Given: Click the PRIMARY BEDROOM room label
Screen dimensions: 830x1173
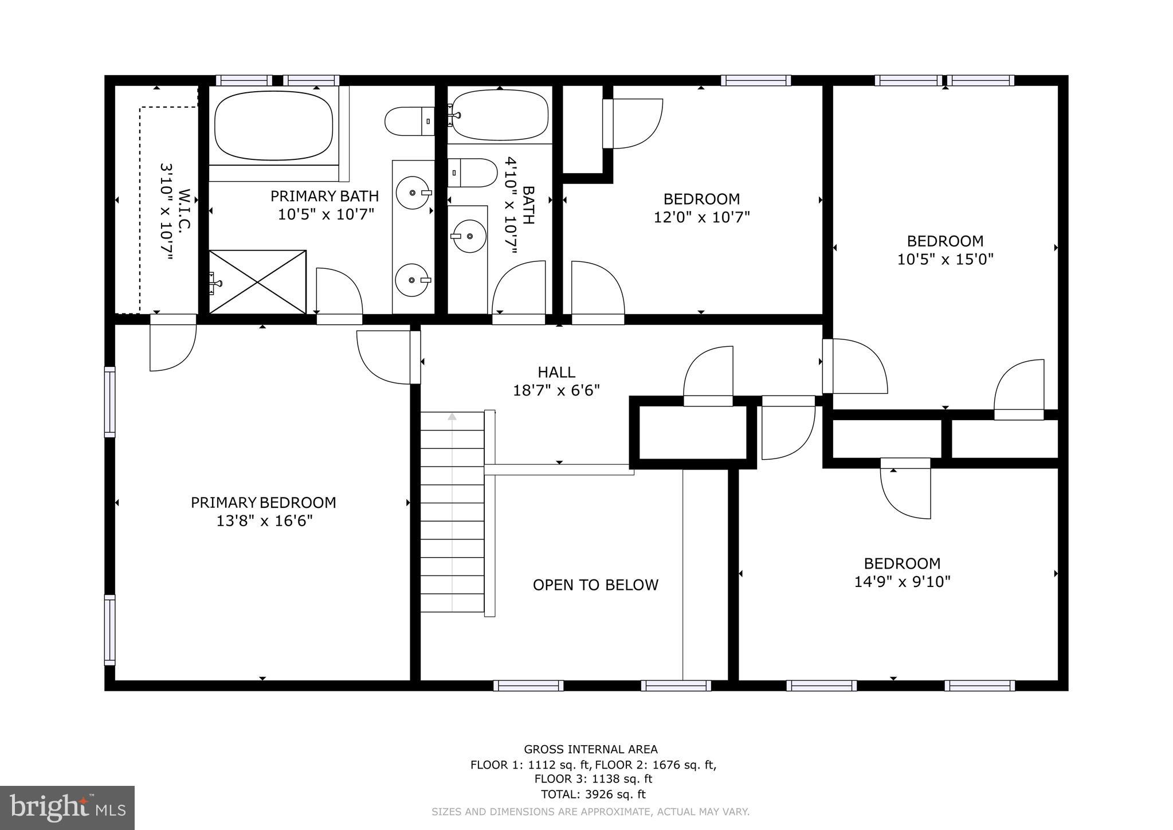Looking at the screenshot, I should click(x=263, y=503).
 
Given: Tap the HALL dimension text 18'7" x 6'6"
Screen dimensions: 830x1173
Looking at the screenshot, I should click(x=556, y=391).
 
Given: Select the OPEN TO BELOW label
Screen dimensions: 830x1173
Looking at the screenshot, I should click(x=595, y=585).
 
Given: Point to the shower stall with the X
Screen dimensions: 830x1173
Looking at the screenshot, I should click(x=257, y=282).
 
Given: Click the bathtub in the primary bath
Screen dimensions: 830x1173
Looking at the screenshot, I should click(x=273, y=126).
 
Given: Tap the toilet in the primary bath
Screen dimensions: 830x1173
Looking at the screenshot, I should click(x=409, y=122).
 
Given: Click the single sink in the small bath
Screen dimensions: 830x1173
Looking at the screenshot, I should click(x=469, y=236).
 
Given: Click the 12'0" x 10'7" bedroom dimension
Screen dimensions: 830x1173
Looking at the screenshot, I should click(x=701, y=218).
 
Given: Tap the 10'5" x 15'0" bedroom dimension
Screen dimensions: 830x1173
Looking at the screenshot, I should click(x=944, y=260).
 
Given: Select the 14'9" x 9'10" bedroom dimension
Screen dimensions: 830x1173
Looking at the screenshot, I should click(x=902, y=582).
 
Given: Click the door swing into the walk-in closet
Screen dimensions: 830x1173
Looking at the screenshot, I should click(x=172, y=344).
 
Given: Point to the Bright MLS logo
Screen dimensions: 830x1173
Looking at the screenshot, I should click(x=67, y=808).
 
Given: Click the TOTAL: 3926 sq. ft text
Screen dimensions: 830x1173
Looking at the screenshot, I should click(x=593, y=794).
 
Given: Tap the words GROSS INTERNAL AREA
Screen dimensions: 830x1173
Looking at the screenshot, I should click(x=590, y=749).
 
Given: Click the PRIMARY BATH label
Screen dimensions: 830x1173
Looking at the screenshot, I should click(x=324, y=197).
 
